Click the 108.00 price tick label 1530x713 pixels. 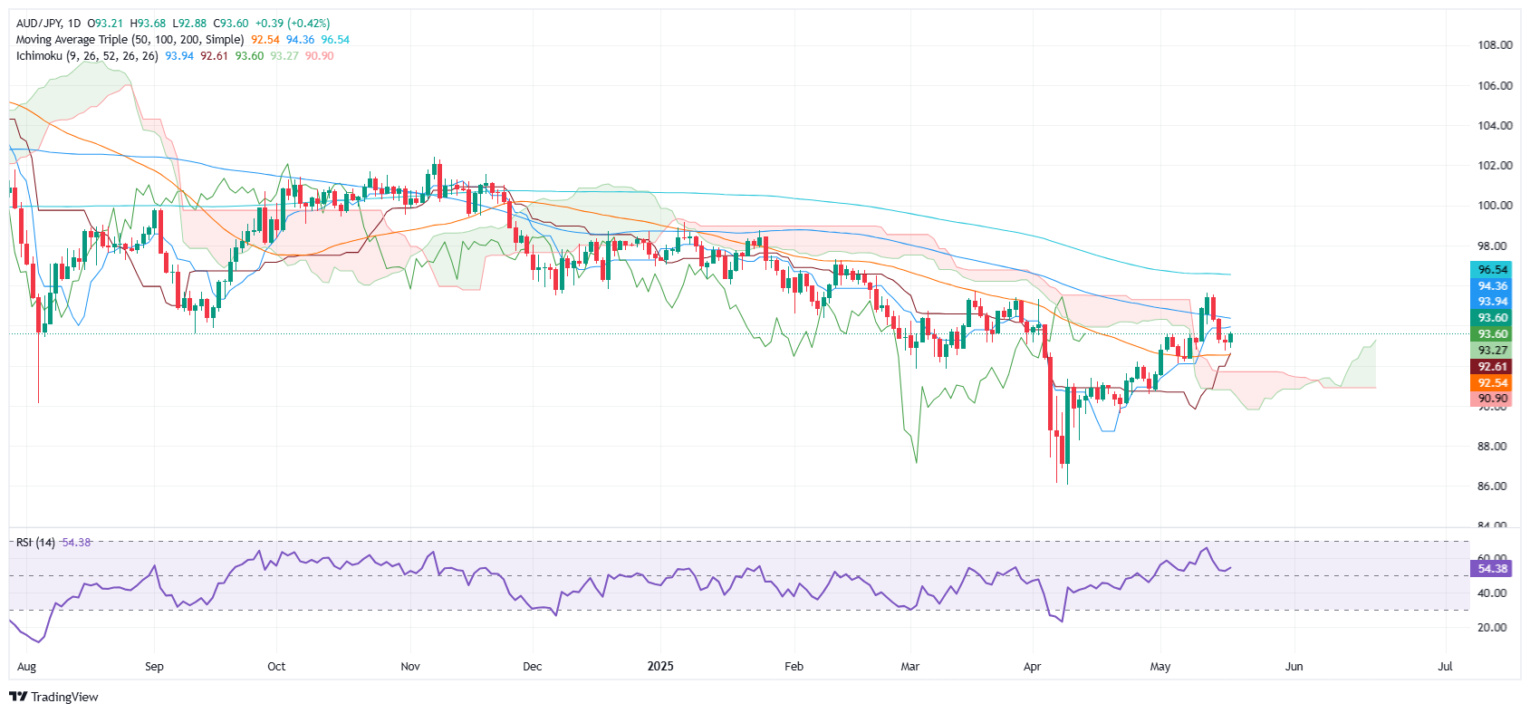pos(1495,44)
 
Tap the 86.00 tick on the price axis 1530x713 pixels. pos(1495,487)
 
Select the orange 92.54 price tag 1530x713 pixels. pos(1493,383)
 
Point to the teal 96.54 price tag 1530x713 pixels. pos(1493,270)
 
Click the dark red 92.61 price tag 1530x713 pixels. pos(1493,367)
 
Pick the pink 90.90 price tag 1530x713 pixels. pos(1493,399)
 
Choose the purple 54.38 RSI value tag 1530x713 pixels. pos(1493,569)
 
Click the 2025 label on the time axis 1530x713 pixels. pos(660,667)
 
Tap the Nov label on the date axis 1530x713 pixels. pos(410,667)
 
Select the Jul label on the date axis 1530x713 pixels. pos(1445,667)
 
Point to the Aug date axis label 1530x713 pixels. pos(27,667)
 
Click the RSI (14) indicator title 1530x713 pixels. pos(35,543)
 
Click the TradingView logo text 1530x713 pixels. pos(63,697)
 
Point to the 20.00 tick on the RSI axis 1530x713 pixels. pos(1493,628)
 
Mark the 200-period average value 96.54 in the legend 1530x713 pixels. pos(335,40)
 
